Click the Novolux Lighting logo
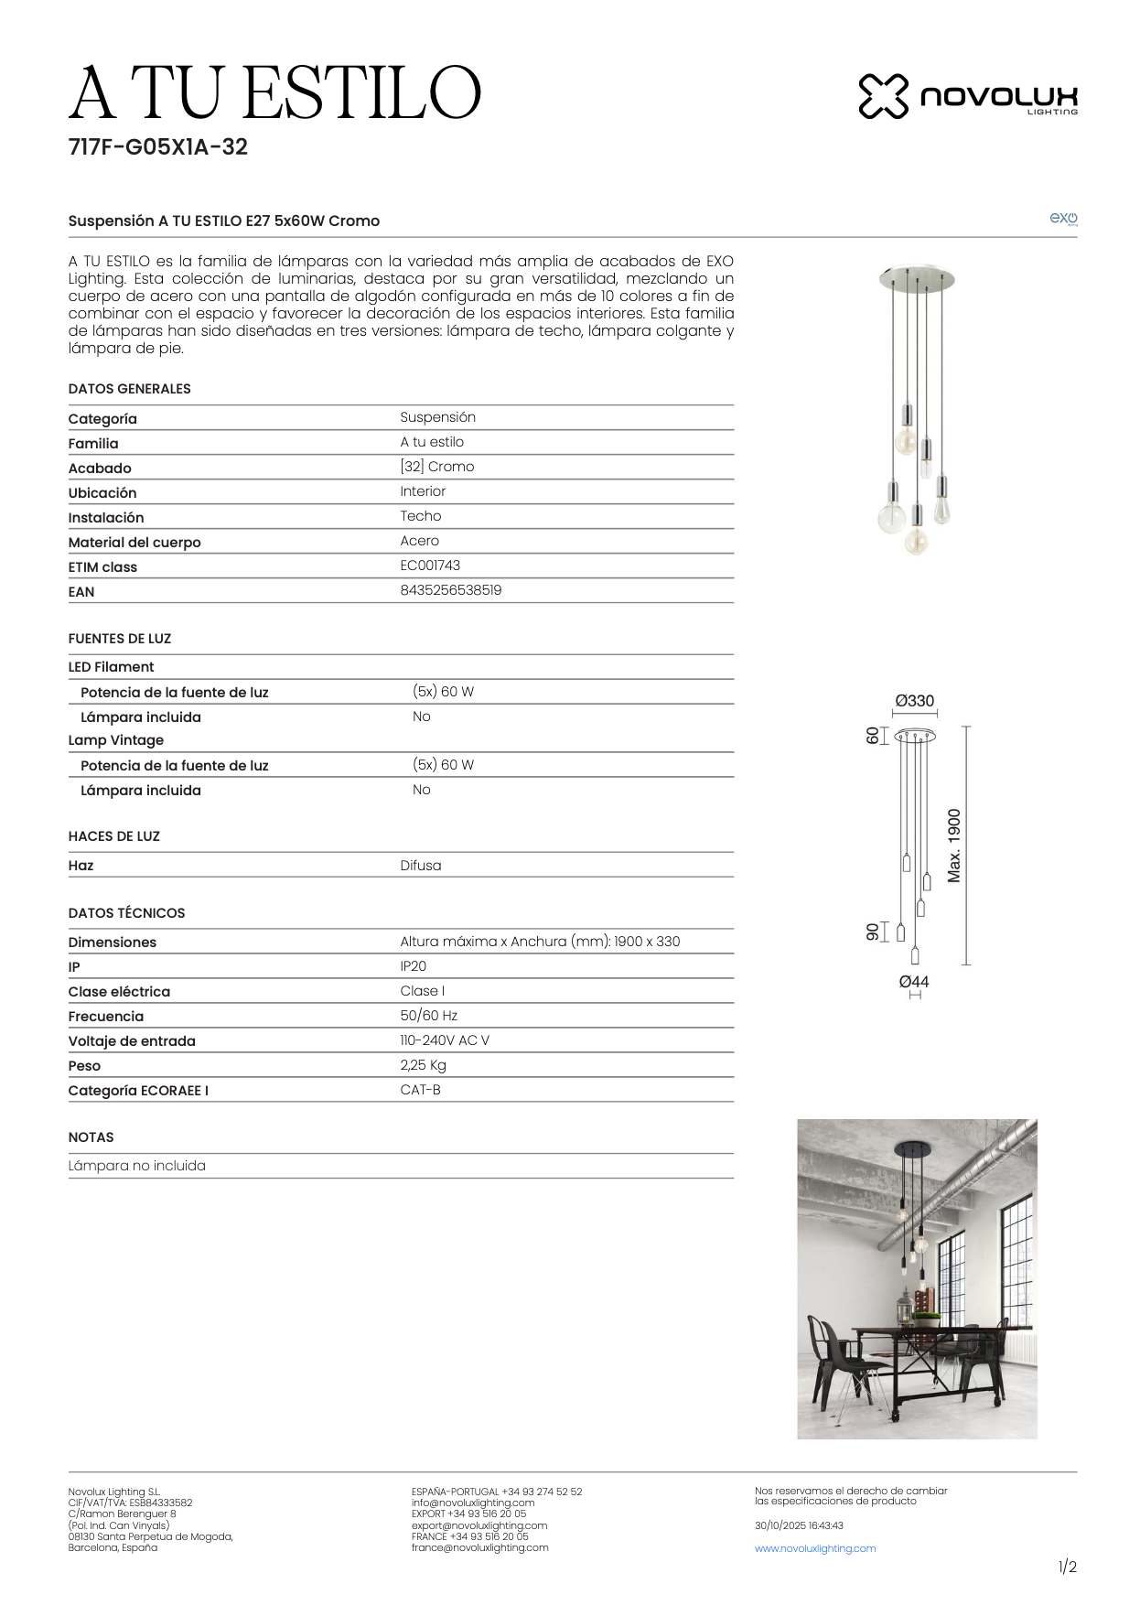pos(967,96)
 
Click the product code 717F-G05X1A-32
pos(157,147)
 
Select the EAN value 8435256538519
pos(450,590)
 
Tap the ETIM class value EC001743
pos(430,566)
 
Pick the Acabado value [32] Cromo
pos(436,467)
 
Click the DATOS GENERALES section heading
pos(129,389)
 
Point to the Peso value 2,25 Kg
pos(423,1065)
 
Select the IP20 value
pos(413,966)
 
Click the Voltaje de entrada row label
pos(132,1041)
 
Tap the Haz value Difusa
pos(420,866)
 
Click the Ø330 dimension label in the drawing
pos(914,701)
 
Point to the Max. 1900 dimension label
pos(954,846)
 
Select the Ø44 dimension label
pos(913,982)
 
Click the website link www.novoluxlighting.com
pos(814,1548)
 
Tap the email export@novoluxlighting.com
pos(479,1525)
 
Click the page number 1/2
pos(1067,1567)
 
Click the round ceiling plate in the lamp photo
pos(916,276)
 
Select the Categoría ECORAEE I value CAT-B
pos(420,1090)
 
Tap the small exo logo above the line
pos(1062,218)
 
